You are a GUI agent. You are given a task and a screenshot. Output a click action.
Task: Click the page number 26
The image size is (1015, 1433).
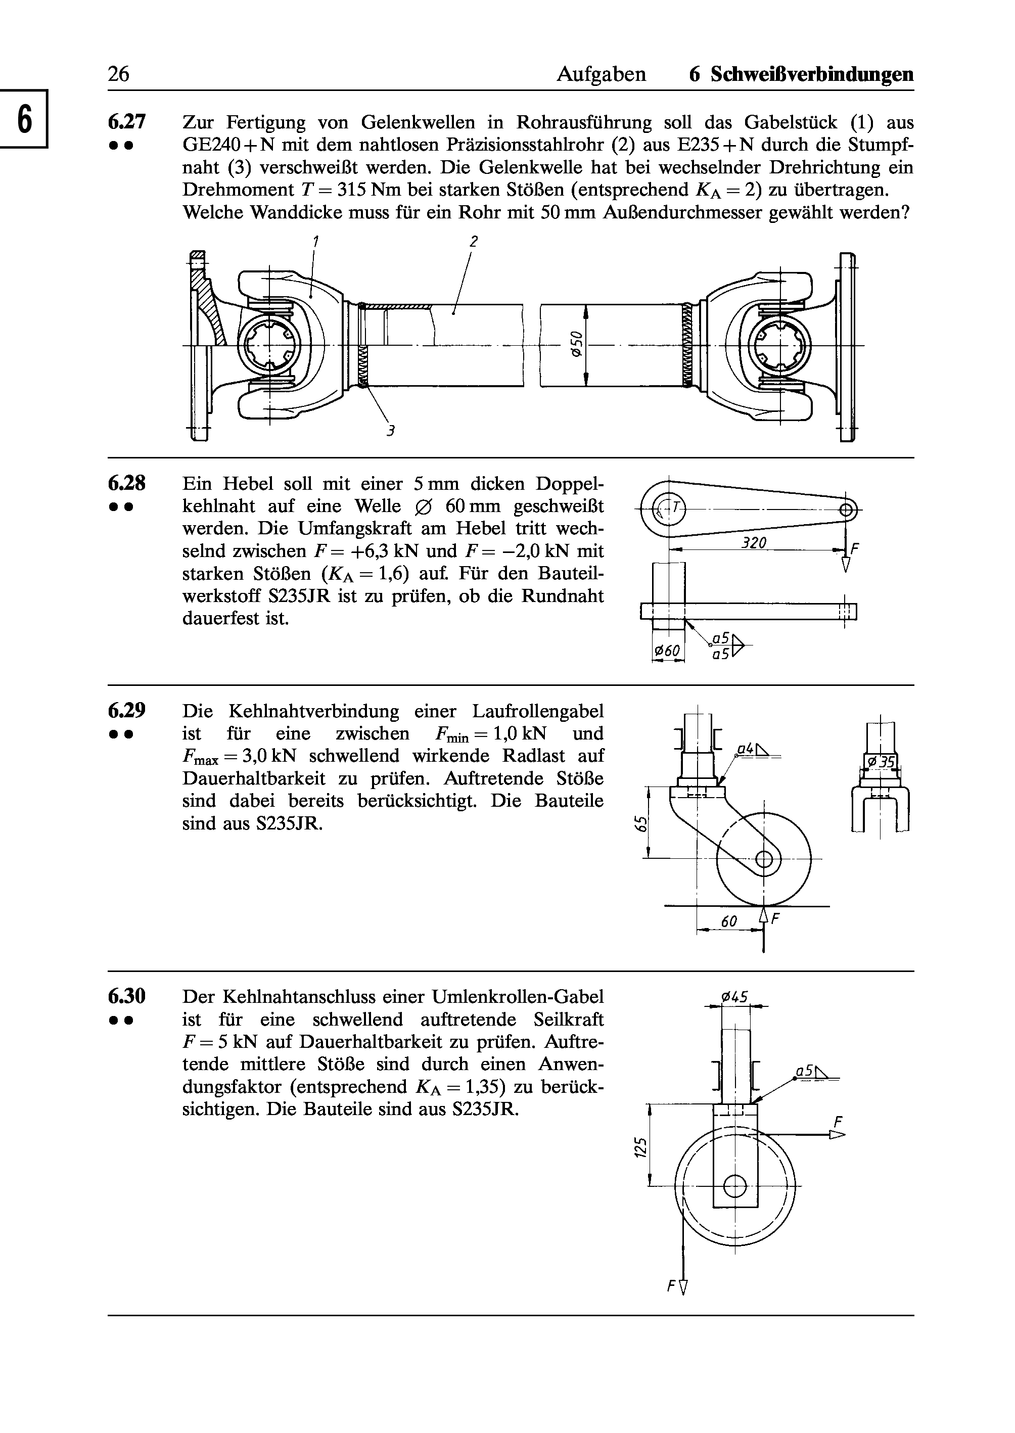(x=118, y=74)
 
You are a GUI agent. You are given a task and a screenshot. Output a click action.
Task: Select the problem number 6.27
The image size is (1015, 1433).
(x=127, y=121)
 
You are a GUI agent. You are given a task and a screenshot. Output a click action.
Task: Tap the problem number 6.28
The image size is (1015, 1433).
(x=127, y=484)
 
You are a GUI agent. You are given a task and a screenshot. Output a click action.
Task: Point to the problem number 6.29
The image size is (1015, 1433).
(x=127, y=711)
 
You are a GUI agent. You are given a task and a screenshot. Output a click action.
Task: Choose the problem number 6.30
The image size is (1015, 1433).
(x=127, y=996)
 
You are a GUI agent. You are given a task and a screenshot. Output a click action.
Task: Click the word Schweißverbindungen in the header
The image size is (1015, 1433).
(x=811, y=75)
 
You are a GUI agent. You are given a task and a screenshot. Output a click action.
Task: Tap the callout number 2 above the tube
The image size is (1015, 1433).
(x=474, y=241)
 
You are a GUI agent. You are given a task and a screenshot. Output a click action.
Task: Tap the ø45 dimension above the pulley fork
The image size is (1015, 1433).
(x=734, y=997)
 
